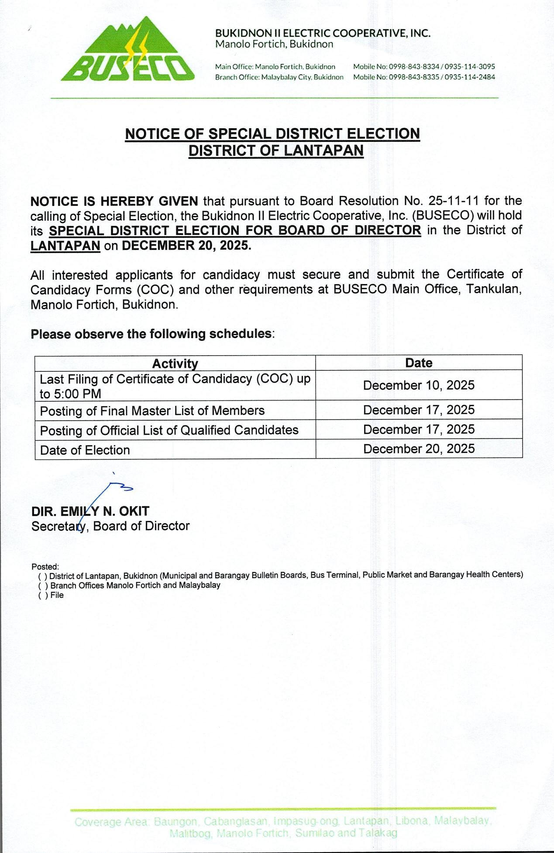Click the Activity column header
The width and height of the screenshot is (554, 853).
(175, 363)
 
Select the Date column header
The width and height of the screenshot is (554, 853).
(419, 363)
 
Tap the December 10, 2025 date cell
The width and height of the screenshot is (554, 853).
(419, 385)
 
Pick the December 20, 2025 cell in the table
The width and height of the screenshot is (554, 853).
(419, 449)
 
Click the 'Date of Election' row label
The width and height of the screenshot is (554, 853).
(85, 450)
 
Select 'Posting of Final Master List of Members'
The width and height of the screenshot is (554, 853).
(152, 411)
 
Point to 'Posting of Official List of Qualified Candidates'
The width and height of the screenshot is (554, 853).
(169, 431)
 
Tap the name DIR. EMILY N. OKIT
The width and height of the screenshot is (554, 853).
(90, 511)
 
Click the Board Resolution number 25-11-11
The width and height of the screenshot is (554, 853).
(454, 201)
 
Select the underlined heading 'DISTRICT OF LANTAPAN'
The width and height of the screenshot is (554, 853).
(276, 151)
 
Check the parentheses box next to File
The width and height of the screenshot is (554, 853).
(43, 596)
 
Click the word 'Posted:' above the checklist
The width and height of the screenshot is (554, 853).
(45, 567)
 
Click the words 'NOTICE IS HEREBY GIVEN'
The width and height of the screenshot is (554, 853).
(114, 202)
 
